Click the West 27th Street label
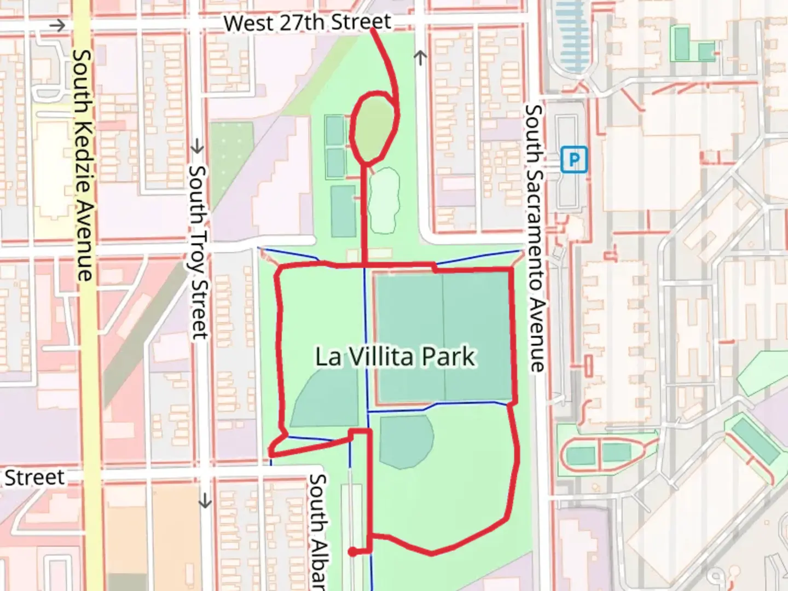pyautogui.click(x=308, y=22)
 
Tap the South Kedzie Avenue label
pyautogui.click(x=83, y=164)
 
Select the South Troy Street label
pyautogui.click(x=198, y=252)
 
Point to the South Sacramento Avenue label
pyautogui.click(x=535, y=238)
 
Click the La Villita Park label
pyautogui.click(x=395, y=357)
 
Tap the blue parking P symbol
pyautogui.click(x=573, y=160)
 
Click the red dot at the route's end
pyautogui.click(x=353, y=552)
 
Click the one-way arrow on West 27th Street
pyautogui.click(x=57, y=25)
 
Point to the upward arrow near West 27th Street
pyautogui.click(x=420, y=57)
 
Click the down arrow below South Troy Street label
pyautogui.click(x=205, y=501)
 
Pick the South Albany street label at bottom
pyautogui.click(x=318, y=531)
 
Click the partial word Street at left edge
pyautogui.click(x=34, y=477)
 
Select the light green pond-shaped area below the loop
pyautogui.click(x=383, y=200)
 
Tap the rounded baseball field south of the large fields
pyautogui.click(x=405, y=441)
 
